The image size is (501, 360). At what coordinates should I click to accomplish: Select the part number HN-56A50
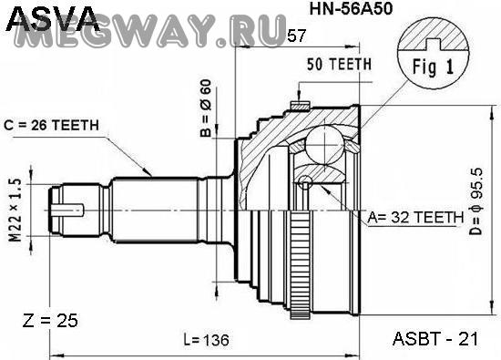[351, 9]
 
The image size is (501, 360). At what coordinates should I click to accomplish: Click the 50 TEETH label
[340, 65]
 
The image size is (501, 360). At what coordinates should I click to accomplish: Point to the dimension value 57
[297, 36]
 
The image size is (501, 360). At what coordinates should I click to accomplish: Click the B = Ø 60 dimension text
[206, 108]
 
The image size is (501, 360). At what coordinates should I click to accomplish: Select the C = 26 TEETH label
[51, 126]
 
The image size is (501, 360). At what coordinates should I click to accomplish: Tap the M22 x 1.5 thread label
[15, 211]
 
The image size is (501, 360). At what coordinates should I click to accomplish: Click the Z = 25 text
[50, 321]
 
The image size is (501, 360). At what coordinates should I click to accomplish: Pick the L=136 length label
[207, 340]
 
